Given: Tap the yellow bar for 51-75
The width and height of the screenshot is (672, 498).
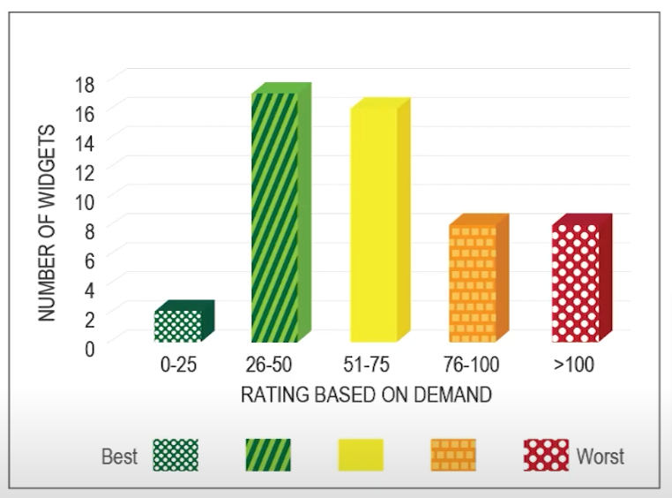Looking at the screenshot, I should [x=373, y=224].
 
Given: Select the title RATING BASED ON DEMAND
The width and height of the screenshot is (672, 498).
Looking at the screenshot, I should [x=366, y=395].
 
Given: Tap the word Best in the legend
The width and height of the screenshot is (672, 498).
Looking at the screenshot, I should [x=119, y=456].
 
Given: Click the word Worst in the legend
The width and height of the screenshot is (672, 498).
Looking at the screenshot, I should [x=600, y=456].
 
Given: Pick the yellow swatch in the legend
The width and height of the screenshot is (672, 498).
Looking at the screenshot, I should [x=361, y=456].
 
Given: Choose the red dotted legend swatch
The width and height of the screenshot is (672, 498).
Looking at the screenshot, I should [x=547, y=456].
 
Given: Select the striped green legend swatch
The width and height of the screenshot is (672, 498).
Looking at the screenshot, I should [x=267, y=456].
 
